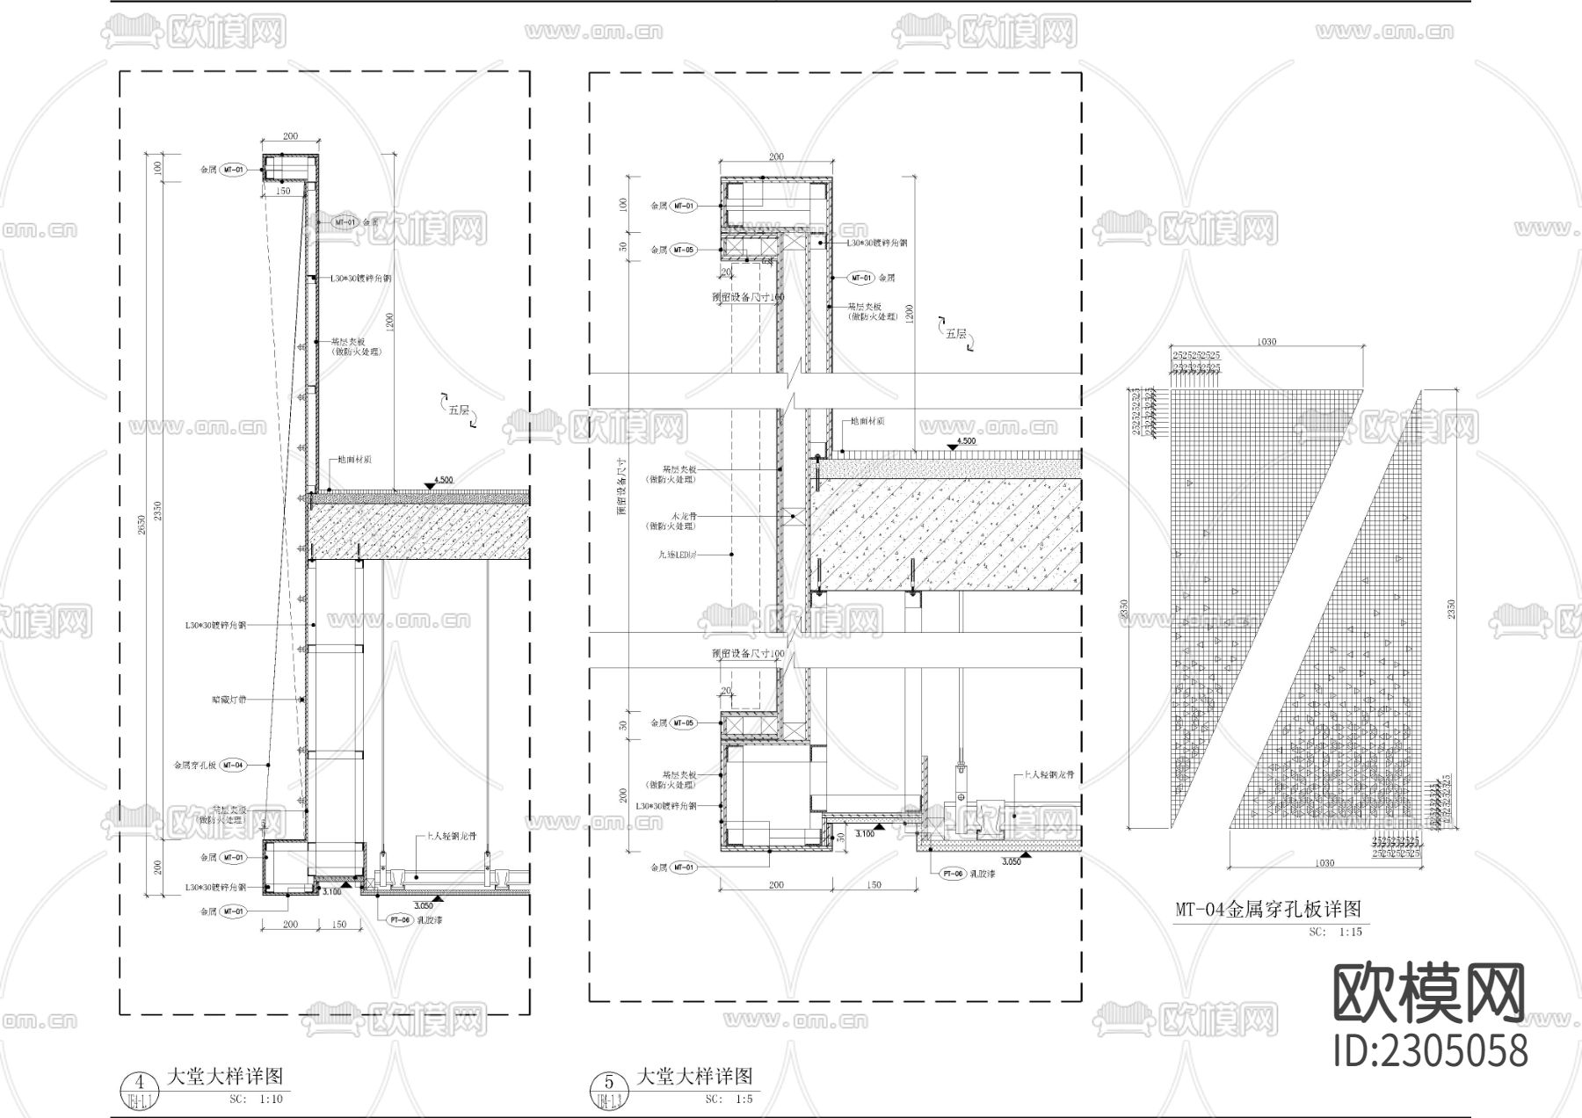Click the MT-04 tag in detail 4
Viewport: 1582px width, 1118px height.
(x=233, y=766)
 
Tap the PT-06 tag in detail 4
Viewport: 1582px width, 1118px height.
(x=399, y=919)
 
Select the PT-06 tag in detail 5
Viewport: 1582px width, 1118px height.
(x=953, y=874)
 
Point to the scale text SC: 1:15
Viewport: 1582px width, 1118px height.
(x=1335, y=932)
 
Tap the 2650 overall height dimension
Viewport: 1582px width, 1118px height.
(x=142, y=526)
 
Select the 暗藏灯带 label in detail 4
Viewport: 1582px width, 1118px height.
(x=229, y=700)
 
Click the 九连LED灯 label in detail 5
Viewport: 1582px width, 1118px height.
(x=677, y=555)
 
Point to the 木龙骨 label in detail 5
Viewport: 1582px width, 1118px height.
(x=682, y=516)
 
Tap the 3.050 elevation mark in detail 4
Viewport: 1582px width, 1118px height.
(x=423, y=904)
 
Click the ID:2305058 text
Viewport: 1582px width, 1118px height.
(x=1430, y=1051)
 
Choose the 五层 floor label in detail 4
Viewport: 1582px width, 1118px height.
(x=459, y=410)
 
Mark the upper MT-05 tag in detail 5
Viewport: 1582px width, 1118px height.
(x=683, y=250)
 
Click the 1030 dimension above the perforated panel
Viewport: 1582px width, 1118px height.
(x=1266, y=342)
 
